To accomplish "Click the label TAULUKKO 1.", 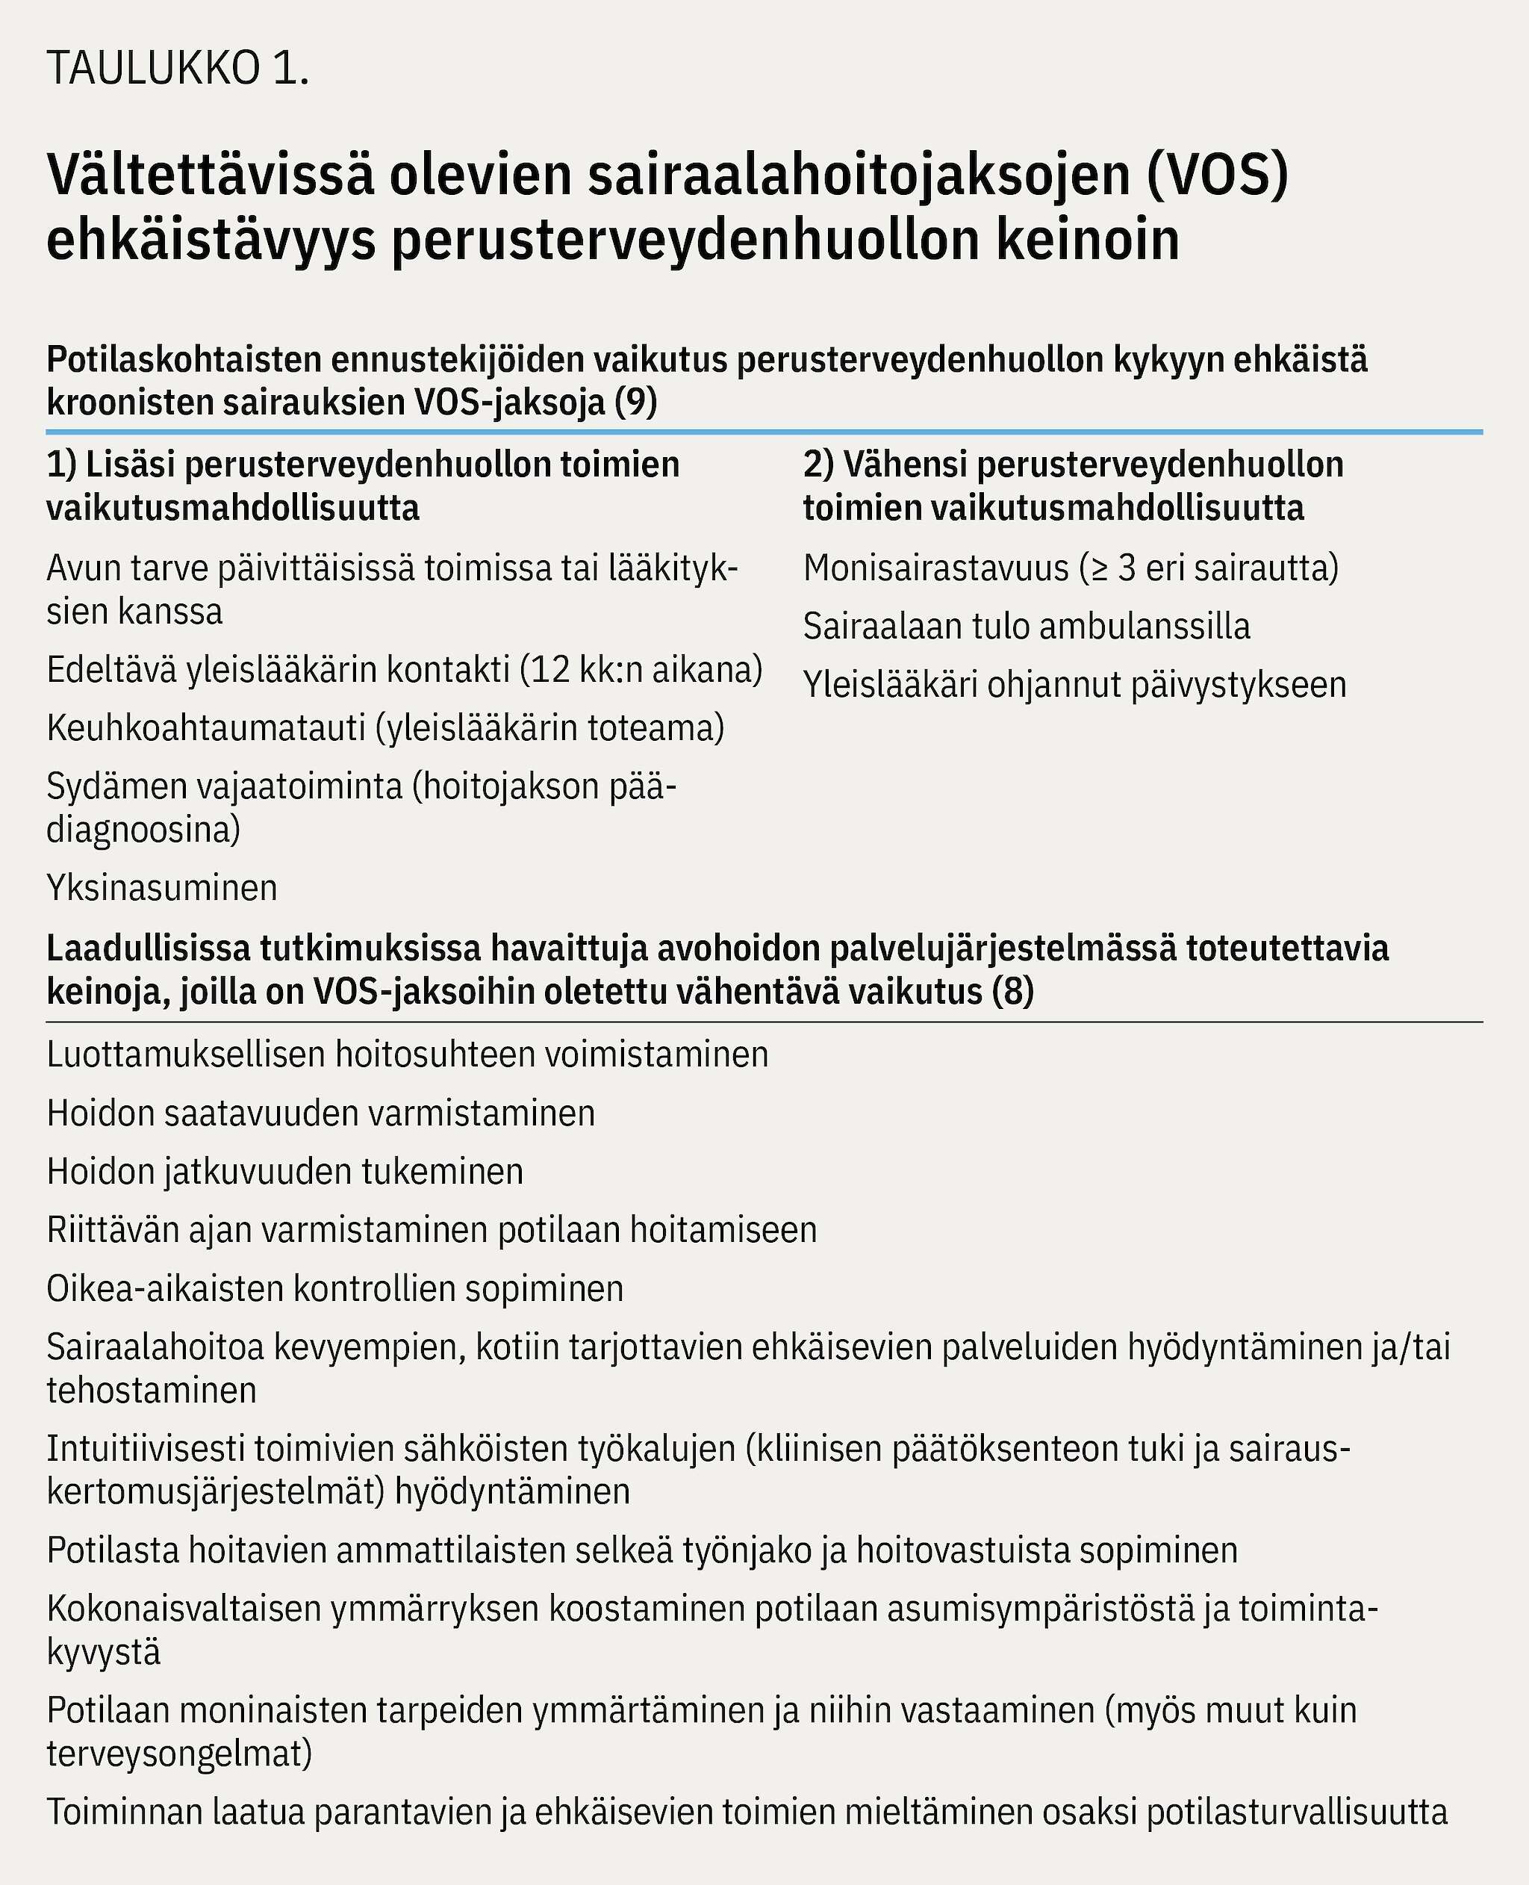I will tap(178, 69).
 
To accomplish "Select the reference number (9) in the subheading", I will tap(635, 403).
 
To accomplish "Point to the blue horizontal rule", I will tap(764, 432).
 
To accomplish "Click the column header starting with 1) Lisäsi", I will tap(363, 486).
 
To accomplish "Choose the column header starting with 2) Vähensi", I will tap(1073, 486).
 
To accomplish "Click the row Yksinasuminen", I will tap(162, 887).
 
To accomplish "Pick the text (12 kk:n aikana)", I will tap(641, 669).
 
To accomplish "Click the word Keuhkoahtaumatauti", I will tap(205, 727).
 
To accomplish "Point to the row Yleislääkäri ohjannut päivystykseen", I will tap(1074, 684).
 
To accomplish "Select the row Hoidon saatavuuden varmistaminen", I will tap(320, 1113).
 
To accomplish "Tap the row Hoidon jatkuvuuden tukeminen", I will tap(284, 1170).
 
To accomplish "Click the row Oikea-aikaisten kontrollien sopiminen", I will tap(334, 1288).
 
